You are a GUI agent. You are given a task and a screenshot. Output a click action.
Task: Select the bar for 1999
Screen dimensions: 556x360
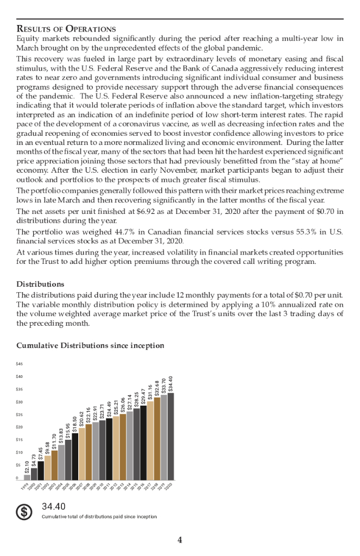coord(27,477)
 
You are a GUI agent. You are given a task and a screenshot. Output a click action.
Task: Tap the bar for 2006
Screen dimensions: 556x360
coord(75,456)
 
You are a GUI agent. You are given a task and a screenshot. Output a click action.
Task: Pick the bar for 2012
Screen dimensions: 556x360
coord(116,447)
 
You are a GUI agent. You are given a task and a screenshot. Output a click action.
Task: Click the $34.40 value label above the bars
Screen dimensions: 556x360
coord(171,384)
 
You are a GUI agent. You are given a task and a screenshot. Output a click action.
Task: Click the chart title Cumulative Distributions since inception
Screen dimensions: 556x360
coord(90,345)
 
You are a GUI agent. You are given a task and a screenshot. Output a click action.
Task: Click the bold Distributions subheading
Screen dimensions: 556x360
coord(40,284)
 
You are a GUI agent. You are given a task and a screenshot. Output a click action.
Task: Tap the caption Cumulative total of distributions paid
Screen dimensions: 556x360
coord(99,516)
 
